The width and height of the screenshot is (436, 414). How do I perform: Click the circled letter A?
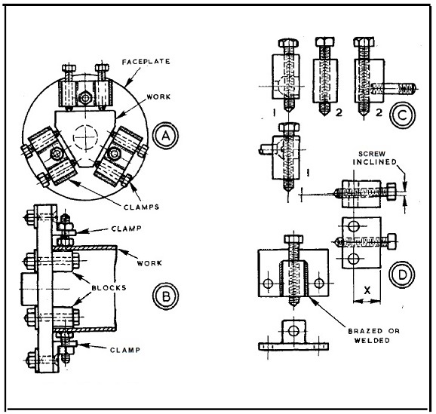[165, 136]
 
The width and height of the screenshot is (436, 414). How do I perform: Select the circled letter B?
[165, 296]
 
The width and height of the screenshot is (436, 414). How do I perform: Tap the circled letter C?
[402, 115]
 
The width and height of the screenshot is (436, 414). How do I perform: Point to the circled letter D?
[402, 274]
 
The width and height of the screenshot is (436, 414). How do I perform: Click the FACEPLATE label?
[146, 61]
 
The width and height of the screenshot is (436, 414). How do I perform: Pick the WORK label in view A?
[158, 97]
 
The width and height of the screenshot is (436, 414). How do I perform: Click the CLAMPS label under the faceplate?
[141, 207]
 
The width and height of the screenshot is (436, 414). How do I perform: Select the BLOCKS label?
[109, 287]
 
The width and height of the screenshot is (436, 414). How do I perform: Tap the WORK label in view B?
[149, 263]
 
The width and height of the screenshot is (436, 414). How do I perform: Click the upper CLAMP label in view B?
[126, 228]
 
